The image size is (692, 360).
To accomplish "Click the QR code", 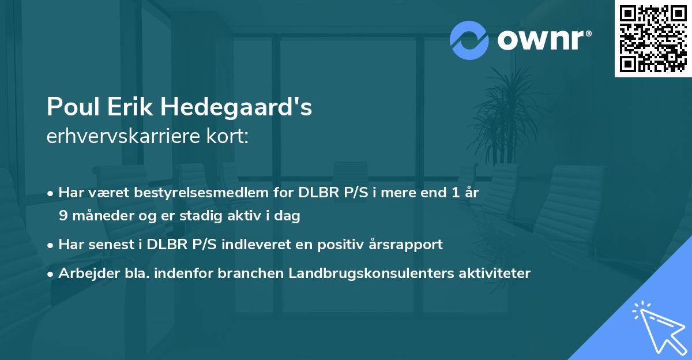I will point(653,38).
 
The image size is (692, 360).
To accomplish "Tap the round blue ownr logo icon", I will point(469,40).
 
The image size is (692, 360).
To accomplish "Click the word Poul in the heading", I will point(71,107).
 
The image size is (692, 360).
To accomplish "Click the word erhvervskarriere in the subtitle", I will point(118,136).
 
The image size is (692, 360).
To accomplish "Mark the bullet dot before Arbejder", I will point(51,273).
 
